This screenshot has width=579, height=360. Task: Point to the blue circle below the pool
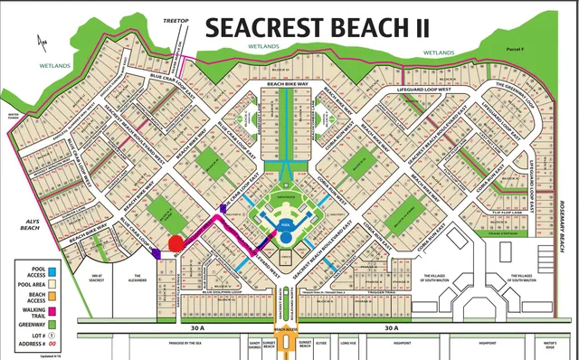(285, 237)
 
